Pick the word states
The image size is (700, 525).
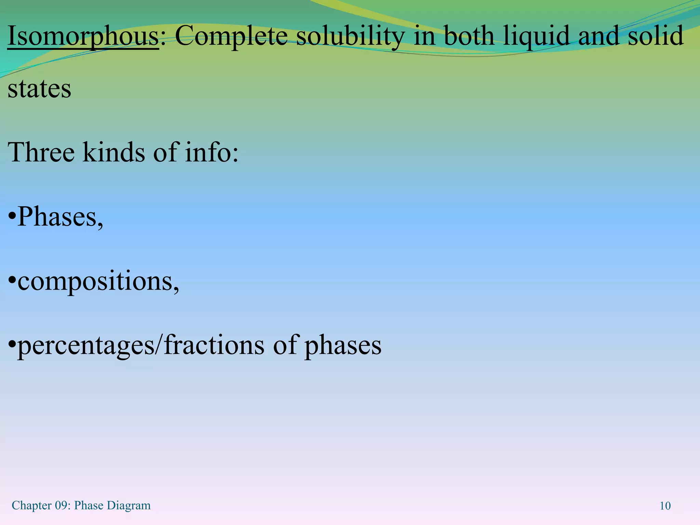click(39, 89)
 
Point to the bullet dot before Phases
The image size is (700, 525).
click(12, 217)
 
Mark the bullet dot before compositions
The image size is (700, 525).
click(12, 282)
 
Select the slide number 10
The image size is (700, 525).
click(665, 506)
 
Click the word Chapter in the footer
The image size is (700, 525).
click(32, 506)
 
